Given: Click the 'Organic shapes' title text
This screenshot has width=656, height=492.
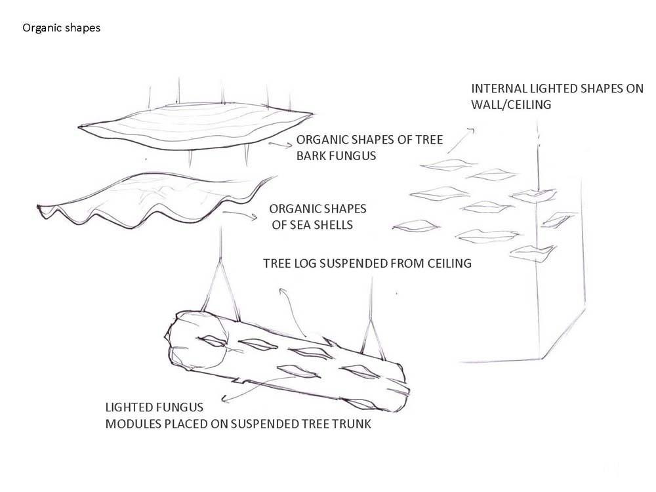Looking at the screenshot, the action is pos(62,28).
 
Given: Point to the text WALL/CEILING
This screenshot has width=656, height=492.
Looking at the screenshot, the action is pos(511,104).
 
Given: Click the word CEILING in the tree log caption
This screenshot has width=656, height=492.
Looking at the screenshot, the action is pos(449,263).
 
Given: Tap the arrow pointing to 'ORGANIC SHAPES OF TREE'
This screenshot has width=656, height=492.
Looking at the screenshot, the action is pos(280,144).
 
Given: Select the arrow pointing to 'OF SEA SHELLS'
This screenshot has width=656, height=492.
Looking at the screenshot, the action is pos(240,215).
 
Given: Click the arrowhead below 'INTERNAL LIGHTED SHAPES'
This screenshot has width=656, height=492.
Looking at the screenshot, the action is pos(472,130).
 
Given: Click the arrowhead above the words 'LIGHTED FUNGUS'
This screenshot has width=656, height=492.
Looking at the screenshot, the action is pos(224,399).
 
